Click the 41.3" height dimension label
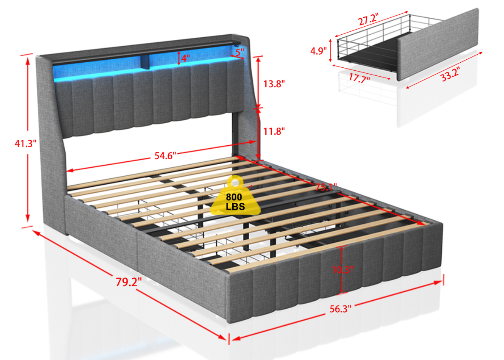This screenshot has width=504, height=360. [25, 144]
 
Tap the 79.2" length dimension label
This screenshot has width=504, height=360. [128, 282]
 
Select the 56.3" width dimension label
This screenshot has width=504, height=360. [340, 309]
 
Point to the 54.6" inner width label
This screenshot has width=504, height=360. [165, 156]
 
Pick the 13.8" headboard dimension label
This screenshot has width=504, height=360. [274, 84]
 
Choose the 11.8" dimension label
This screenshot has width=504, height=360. [274, 131]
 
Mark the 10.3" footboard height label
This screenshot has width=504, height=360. [342, 270]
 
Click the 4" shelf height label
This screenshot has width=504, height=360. [186, 58]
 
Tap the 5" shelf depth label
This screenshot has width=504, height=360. [239, 52]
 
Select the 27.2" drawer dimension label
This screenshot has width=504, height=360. [368, 19]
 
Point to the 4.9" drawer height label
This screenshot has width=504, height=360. [318, 51]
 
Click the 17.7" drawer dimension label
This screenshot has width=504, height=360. [359, 78]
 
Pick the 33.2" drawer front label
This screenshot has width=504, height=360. [450, 75]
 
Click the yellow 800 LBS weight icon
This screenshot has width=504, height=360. [235, 196]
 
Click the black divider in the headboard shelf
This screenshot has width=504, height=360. [145, 62]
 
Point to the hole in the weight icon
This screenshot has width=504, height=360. [235, 183]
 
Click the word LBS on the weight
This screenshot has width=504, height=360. [235, 207]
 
